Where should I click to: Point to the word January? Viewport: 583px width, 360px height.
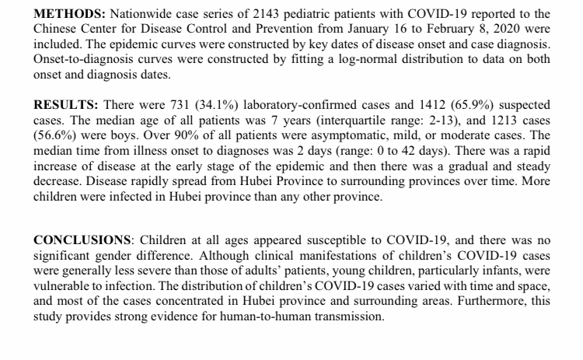click(284, 30)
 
